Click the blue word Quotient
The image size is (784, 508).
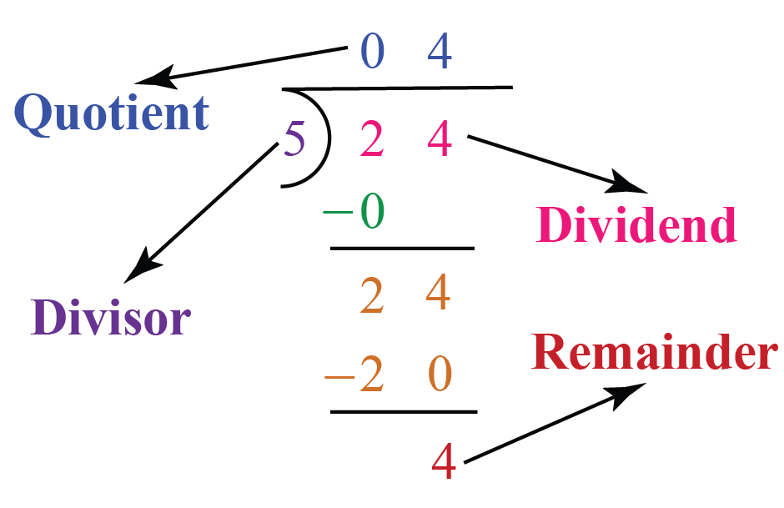[112, 113]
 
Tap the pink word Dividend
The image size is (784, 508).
[636, 224]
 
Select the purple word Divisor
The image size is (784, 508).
[110, 317]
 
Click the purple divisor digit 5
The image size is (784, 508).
[294, 138]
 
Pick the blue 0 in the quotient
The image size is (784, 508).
[373, 52]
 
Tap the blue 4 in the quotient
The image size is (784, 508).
[440, 51]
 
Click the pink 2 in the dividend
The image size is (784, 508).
[372, 138]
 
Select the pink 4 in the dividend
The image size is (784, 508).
[440, 138]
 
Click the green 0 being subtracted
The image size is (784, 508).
[373, 211]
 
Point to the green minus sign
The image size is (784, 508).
[338, 212]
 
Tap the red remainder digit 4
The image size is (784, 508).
[444, 461]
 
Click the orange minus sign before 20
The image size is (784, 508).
[340, 376]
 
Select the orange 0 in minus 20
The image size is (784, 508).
[440, 374]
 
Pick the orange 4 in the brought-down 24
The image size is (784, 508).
[439, 293]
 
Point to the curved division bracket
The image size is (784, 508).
[329, 138]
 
